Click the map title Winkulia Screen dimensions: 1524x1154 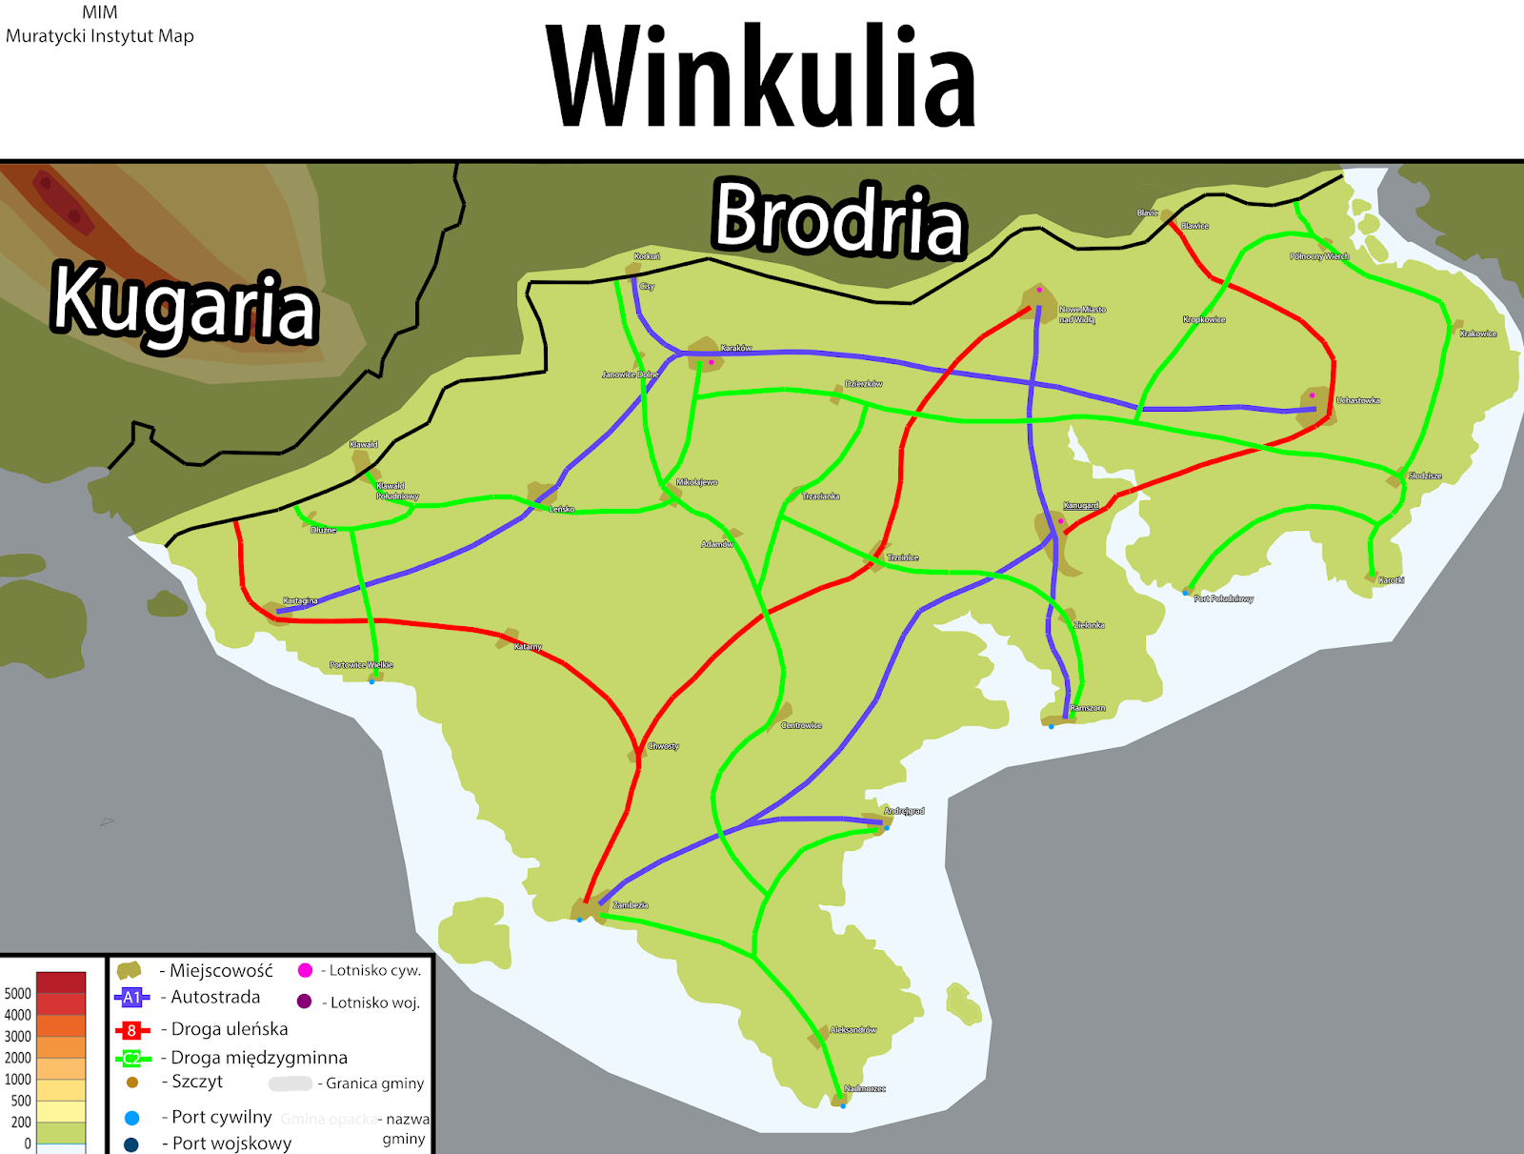tap(762, 76)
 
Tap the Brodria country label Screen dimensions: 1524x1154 tap(839, 218)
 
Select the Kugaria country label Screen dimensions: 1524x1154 tap(184, 303)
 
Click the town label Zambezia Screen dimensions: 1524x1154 tap(631, 905)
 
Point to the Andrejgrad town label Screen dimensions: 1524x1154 tap(904, 811)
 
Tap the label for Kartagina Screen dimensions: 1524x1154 tap(300, 601)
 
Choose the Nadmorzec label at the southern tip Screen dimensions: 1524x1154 tap(865, 1088)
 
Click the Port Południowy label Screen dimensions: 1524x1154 tap(1224, 598)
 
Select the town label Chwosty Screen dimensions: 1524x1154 tap(664, 746)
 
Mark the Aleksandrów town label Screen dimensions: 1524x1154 tap(852, 1030)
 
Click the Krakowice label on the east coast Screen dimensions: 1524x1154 tap(1478, 334)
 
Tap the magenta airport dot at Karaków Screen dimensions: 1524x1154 tap(711, 362)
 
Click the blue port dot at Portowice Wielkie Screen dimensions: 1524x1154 tap(371, 681)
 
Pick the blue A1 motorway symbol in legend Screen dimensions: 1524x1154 tap(131, 998)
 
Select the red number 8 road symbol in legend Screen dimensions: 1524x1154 tap(131, 1030)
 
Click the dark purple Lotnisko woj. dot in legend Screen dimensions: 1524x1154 tap(305, 1002)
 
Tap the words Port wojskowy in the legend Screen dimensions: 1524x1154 tap(231, 1143)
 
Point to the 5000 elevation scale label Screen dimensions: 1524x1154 tap(18, 993)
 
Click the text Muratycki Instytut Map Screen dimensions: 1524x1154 tap(100, 36)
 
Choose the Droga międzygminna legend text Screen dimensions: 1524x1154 tap(259, 1058)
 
